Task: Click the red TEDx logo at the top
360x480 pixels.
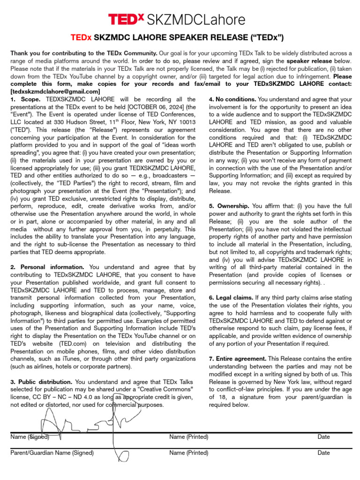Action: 126,19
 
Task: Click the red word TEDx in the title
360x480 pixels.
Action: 81,37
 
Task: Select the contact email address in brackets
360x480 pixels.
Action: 55,91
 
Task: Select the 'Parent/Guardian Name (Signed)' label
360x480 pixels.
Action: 52,453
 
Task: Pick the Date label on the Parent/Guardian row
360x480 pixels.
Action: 323,453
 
